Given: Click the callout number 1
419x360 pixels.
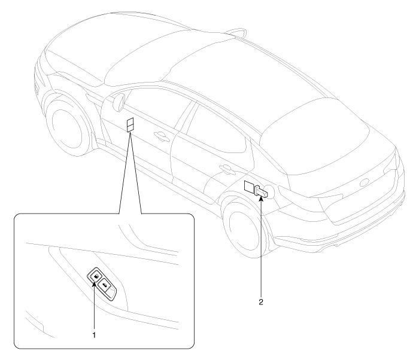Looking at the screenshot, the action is pos(94,335).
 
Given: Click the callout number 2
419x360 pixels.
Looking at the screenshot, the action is pos(261,302).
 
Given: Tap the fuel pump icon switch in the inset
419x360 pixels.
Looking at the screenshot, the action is pos(96,275).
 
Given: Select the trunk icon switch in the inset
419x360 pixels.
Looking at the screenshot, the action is pos(104,286).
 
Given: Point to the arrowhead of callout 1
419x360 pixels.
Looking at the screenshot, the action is pos(94,283).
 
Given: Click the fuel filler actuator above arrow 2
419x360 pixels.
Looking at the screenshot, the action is pos(262,192).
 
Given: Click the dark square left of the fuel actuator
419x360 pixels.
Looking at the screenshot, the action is pos(250,187).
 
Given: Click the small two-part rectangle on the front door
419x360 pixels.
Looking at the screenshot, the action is pos(130,125).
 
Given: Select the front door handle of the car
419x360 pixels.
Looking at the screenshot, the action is pos(161,135).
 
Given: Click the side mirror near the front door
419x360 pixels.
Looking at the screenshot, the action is pos(119,102).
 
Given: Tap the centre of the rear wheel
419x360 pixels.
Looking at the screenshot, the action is pos(242,230).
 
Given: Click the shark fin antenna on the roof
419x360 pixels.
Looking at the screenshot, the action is pos(235,32).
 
